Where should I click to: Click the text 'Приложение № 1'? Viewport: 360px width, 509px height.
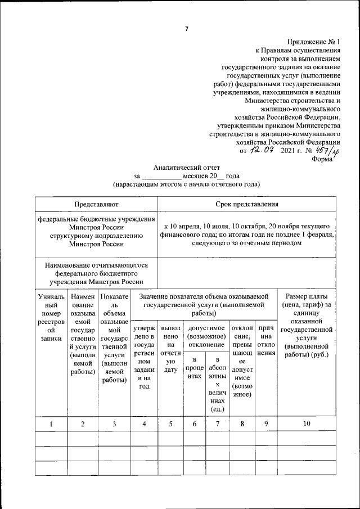pos(313,42)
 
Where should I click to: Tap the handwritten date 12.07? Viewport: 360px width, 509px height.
pos(262,150)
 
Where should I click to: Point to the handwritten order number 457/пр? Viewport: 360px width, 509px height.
pos(326,151)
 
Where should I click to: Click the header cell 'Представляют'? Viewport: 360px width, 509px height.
pos(96,204)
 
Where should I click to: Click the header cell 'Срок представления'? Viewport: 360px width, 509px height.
pos(247,204)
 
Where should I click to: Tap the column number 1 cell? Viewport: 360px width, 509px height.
pos(51,424)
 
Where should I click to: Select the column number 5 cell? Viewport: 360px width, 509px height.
pos(171,424)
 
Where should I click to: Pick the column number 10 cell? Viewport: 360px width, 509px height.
pos(306,424)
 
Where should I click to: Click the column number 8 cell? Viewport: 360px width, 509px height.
pos(242,424)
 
